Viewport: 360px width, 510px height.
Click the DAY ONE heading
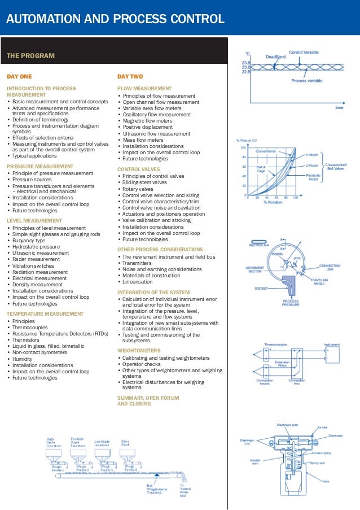coord(19,76)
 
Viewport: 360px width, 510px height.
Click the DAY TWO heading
coord(130,76)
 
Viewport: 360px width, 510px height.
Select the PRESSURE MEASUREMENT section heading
coord(40,167)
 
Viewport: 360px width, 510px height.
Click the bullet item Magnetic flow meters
coord(148,121)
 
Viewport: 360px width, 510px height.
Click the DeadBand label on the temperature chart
coord(275,56)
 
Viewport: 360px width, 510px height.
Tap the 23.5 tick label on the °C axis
coord(246,63)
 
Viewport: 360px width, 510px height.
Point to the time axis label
coord(339,107)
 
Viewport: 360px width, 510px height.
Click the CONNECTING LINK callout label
coord(330,267)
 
